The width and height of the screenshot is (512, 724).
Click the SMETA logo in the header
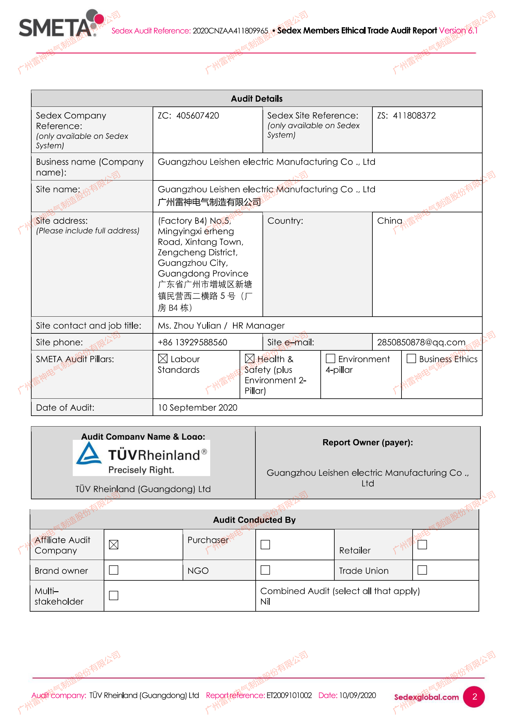60,24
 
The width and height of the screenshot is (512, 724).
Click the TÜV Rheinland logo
141,458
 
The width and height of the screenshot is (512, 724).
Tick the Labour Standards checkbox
163,358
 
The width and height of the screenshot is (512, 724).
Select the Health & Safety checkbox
249,358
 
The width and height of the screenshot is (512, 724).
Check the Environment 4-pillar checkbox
330,358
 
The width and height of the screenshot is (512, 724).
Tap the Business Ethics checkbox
411,358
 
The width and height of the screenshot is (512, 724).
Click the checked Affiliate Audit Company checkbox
114,544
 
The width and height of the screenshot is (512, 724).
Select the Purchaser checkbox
265,544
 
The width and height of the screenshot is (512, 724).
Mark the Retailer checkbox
422,544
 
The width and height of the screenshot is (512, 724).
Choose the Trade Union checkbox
422,570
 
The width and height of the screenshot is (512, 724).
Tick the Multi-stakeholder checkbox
114,595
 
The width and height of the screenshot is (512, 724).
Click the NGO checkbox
265,570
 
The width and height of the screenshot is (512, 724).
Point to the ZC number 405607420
197,116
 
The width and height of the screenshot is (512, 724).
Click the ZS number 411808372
414,116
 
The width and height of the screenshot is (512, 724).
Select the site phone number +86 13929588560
192,342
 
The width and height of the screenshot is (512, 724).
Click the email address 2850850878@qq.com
421,342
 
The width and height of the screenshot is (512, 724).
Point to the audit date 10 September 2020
197,407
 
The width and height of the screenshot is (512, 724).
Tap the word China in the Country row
390,221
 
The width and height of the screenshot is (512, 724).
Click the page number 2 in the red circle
475,696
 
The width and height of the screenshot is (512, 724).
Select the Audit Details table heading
257,99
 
